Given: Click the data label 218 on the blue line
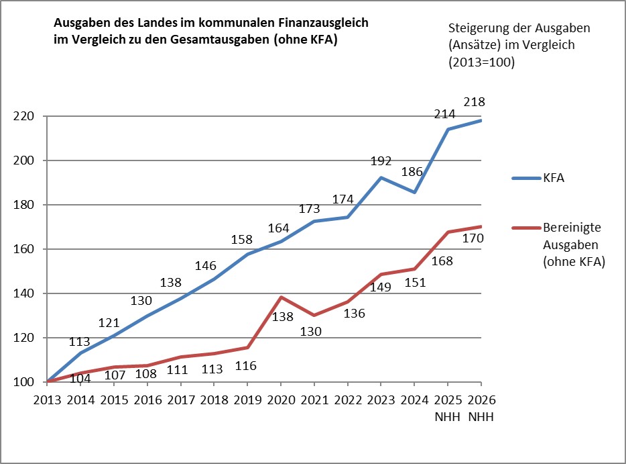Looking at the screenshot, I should click(474, 103).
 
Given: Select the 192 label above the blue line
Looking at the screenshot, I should click(381, 162).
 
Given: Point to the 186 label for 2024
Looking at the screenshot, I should click(411, 172).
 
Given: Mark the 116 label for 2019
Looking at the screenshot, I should click(247, 366).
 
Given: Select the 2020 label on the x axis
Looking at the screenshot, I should click(281, 401).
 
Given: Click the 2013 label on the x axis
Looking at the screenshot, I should click(47, 401).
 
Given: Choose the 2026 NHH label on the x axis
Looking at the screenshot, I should click(481, 408).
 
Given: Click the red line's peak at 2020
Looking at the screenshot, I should click(281, 297).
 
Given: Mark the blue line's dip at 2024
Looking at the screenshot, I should click(414, 192).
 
